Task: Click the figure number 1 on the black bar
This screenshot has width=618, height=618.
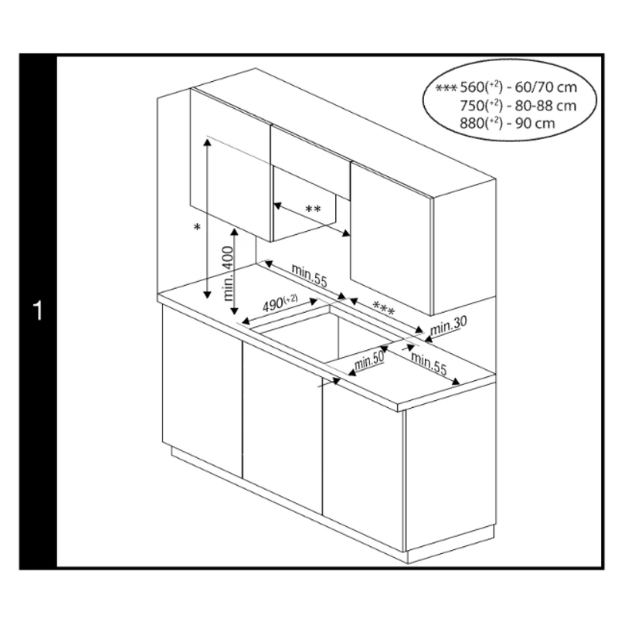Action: [x=38, y=311]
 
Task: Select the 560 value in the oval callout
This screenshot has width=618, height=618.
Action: [x=471, y=87]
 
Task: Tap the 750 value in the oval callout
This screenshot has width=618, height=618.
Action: [x=471, y=106]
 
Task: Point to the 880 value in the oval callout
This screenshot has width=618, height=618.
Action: [x=471, y=124]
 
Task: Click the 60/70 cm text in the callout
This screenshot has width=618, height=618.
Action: [x=546, y=87]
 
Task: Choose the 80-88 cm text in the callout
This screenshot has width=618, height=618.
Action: [x=546, y=106]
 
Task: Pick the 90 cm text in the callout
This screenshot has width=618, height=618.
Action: [x=535, y=124]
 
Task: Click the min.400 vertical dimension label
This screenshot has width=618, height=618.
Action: [x=228, y=273]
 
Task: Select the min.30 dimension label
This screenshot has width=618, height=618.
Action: [x=448, y=325]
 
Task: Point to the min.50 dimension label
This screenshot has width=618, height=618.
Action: [x=369, y=360]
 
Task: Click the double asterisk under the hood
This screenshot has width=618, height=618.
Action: [x=314, y=209]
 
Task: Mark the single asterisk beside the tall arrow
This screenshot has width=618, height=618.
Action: [x=198, y=227]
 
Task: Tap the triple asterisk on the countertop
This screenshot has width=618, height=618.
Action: [x=383, y=308]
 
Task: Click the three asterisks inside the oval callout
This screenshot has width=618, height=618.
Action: [x=447, y=87]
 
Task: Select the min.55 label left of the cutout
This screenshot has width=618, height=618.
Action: [x=310, y=275]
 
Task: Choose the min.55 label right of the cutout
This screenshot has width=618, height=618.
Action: [x=429, y=363]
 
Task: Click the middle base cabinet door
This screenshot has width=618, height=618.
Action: [x=282, y=428]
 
